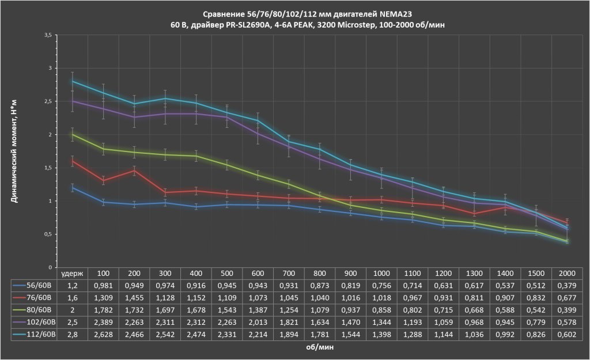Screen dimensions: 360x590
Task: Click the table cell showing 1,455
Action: pyautogui.click(x=134, y=297)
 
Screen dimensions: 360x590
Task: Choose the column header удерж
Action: pyautogui.click(x=72, y=273)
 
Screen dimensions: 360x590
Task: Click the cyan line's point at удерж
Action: pyautogui.click(x=72, y=81)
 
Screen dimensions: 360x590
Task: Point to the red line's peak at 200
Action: pyautogui.click(x=134, y=170)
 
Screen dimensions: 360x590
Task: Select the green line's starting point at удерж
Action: pyautogui.click(x=72, y=134)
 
